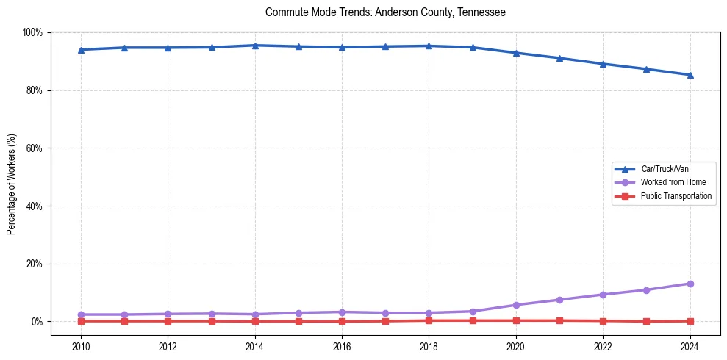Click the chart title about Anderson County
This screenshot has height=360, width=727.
(385, 12)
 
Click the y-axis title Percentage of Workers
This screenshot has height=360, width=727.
(12, 184)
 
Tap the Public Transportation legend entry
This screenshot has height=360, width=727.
(676, 196)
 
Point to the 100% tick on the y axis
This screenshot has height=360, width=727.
(32, 32)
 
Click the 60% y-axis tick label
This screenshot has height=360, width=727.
(35, 148)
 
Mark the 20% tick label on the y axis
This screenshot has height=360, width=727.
(35, 264)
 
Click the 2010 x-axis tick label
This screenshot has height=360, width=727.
(81, 347)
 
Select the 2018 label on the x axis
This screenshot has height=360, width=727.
(429, 347)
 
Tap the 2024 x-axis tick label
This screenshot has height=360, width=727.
(690, 347)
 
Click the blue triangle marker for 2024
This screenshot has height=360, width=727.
(690, 75)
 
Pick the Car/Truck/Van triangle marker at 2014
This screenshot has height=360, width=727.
(255, 46)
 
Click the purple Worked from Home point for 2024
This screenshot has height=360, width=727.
(690, 284)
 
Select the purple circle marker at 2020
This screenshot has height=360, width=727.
(516, 305)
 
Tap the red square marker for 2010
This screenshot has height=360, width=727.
(81, 321)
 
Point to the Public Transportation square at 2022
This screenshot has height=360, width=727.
(603, 321)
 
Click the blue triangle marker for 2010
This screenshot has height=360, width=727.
(81, 50)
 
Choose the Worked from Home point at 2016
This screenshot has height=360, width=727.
(342, 312)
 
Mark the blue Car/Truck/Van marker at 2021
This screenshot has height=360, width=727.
(559, 58)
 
